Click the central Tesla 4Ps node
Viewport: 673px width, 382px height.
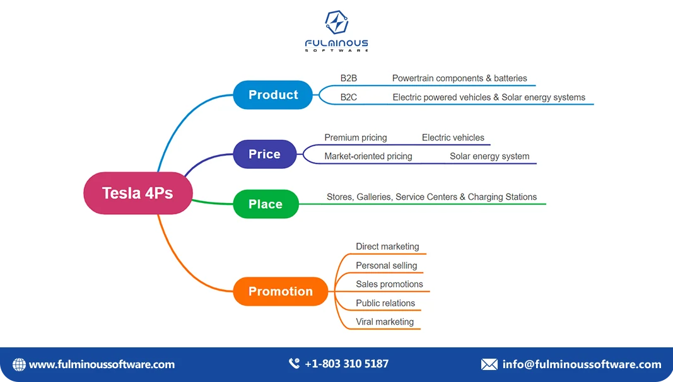point(138,193)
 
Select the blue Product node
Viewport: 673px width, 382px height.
point(272,95)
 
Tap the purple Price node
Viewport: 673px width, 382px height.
point(264,154)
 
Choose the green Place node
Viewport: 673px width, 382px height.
point(266,204)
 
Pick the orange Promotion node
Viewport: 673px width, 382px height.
point(281,291)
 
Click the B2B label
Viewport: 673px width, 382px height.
point(349,78)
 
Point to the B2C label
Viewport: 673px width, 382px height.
point(349,97)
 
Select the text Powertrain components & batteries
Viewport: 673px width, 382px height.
point(459,78)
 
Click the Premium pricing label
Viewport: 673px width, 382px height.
point(356,137)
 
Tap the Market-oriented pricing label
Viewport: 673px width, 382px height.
point(368,156)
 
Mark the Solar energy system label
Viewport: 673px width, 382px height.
point(489,156)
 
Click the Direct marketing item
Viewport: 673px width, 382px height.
point(387,246)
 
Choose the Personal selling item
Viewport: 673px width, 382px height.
point(386,265)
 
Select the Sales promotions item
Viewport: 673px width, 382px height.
point(389,284)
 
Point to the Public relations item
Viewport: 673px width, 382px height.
point(385,303)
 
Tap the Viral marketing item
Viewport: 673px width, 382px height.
point(385,321)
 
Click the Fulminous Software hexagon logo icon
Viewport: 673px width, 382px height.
point(336,23)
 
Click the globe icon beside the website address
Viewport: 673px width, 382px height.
point(20,364)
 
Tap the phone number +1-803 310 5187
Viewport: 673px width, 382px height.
point(346,364)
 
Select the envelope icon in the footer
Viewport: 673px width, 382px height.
point(489,364)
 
